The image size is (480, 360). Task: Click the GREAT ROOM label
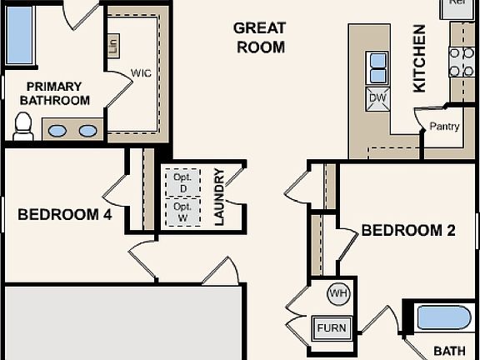pyautogui.click(x=260, y=37)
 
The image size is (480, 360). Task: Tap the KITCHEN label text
pyautogui.click(x=419, y=57)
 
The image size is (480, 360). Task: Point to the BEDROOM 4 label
pyautogui.click(x=64, y=214)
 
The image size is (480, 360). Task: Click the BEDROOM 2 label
pyautogui.click(x=408, y=231)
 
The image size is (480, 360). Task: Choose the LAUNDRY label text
pyautogui.click(x=219, y=197)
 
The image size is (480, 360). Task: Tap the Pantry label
pyautogui.click(x=444, y=127)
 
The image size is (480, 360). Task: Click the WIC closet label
pyautogui.click(x=141, y=73)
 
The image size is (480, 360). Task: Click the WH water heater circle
pyautogui.click(x=338, y=292)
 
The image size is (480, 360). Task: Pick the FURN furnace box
pyautogui.click(x=331, y=327)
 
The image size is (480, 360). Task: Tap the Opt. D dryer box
pyautogui.click(x=182, y=182)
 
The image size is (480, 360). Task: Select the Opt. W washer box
pyautogui.click(x=182, y=212)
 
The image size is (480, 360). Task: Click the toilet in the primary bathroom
pyautogui.click(x=22, y=126)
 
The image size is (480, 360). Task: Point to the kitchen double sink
pyautogui.click(x=377, y=67)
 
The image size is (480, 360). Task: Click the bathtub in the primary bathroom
pyautogui.click(x=18, y=36)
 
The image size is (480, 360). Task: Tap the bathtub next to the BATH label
pyautogui.click(x=443, y=317)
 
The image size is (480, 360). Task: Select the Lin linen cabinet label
pyautogui.click(x=113, y=43)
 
